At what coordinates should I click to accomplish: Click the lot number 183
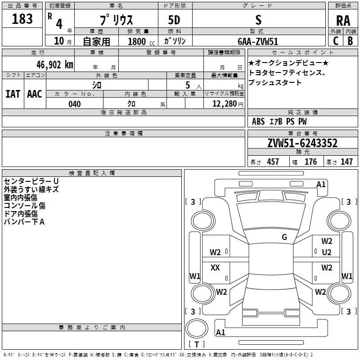point(22,19)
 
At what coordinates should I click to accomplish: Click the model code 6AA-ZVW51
point(258,41)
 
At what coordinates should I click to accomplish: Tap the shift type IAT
point(13,94)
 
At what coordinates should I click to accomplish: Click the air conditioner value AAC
point(35,94)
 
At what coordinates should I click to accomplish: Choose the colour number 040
point(75,104)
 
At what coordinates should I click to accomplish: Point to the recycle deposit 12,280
point(223,104)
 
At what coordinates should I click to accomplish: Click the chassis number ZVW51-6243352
point(302,143)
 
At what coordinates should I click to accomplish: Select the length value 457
point(273,162)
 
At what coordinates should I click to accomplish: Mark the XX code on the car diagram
point(215,268)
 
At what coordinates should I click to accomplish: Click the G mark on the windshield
point(284,237)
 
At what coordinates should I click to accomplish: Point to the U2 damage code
point(327,252)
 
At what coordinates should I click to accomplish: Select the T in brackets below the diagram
point(196,344)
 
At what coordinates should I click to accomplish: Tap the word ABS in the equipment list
point(258,121)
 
